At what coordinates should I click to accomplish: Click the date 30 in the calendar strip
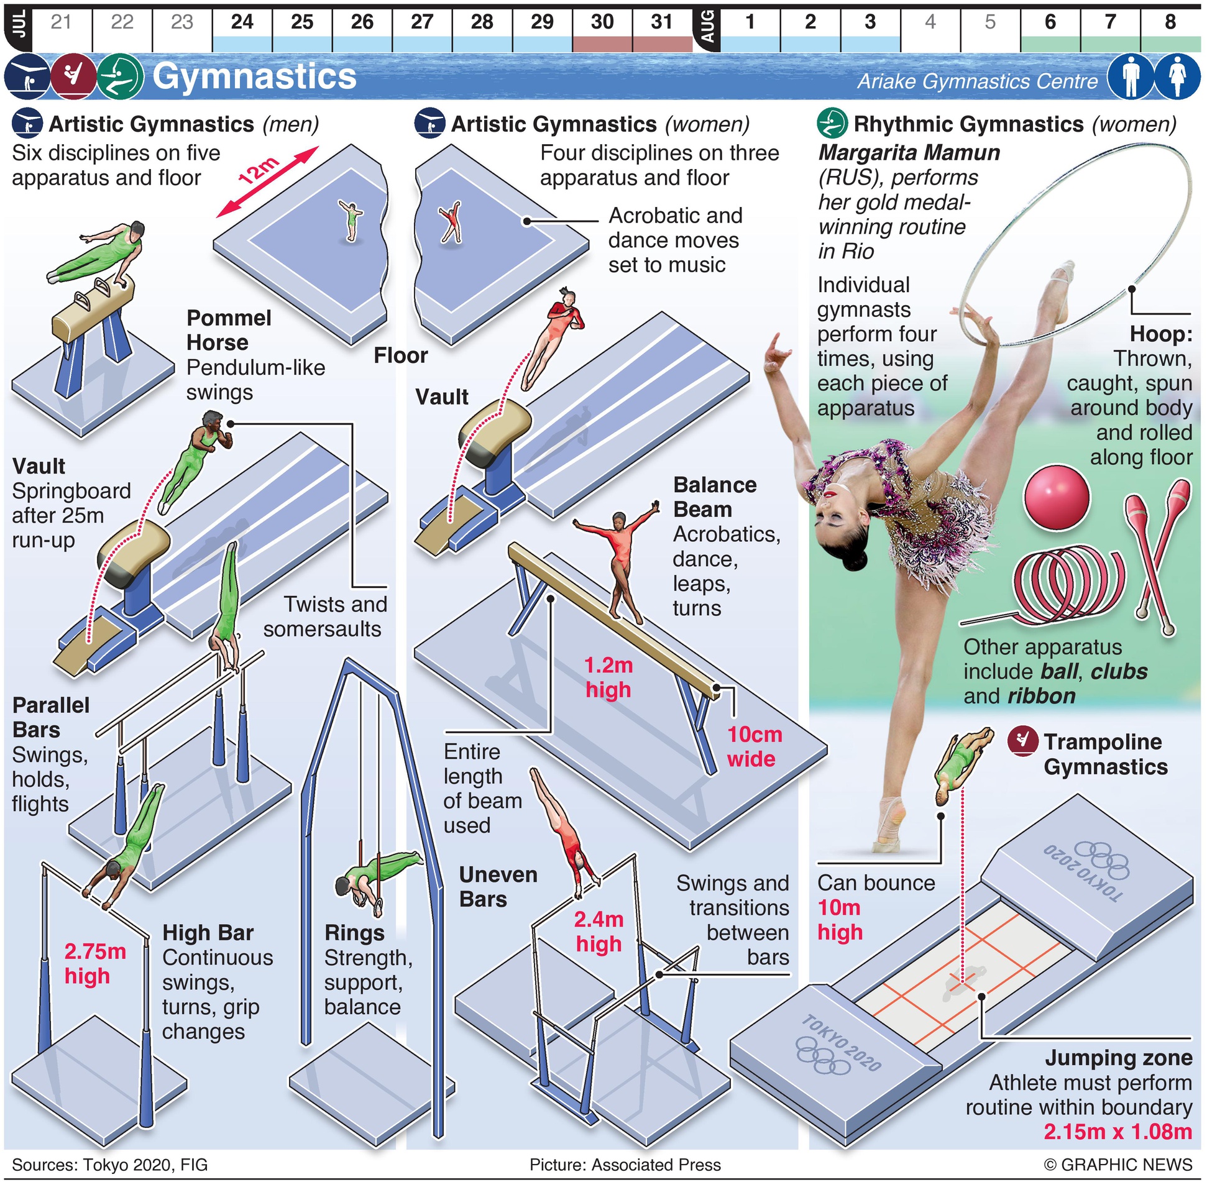602,22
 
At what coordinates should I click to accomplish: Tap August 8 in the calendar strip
1170,22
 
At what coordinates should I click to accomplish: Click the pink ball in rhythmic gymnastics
1057,498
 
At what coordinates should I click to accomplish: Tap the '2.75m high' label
94,964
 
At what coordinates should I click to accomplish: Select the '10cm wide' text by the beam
753,746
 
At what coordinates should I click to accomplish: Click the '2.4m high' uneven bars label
599,932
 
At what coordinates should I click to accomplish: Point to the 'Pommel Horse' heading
229,330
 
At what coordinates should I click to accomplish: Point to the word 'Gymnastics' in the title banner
254,76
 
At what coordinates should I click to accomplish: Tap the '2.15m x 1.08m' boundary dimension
1118,1132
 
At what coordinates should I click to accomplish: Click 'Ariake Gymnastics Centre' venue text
977,81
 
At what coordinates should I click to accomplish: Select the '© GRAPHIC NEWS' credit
1118,1165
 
